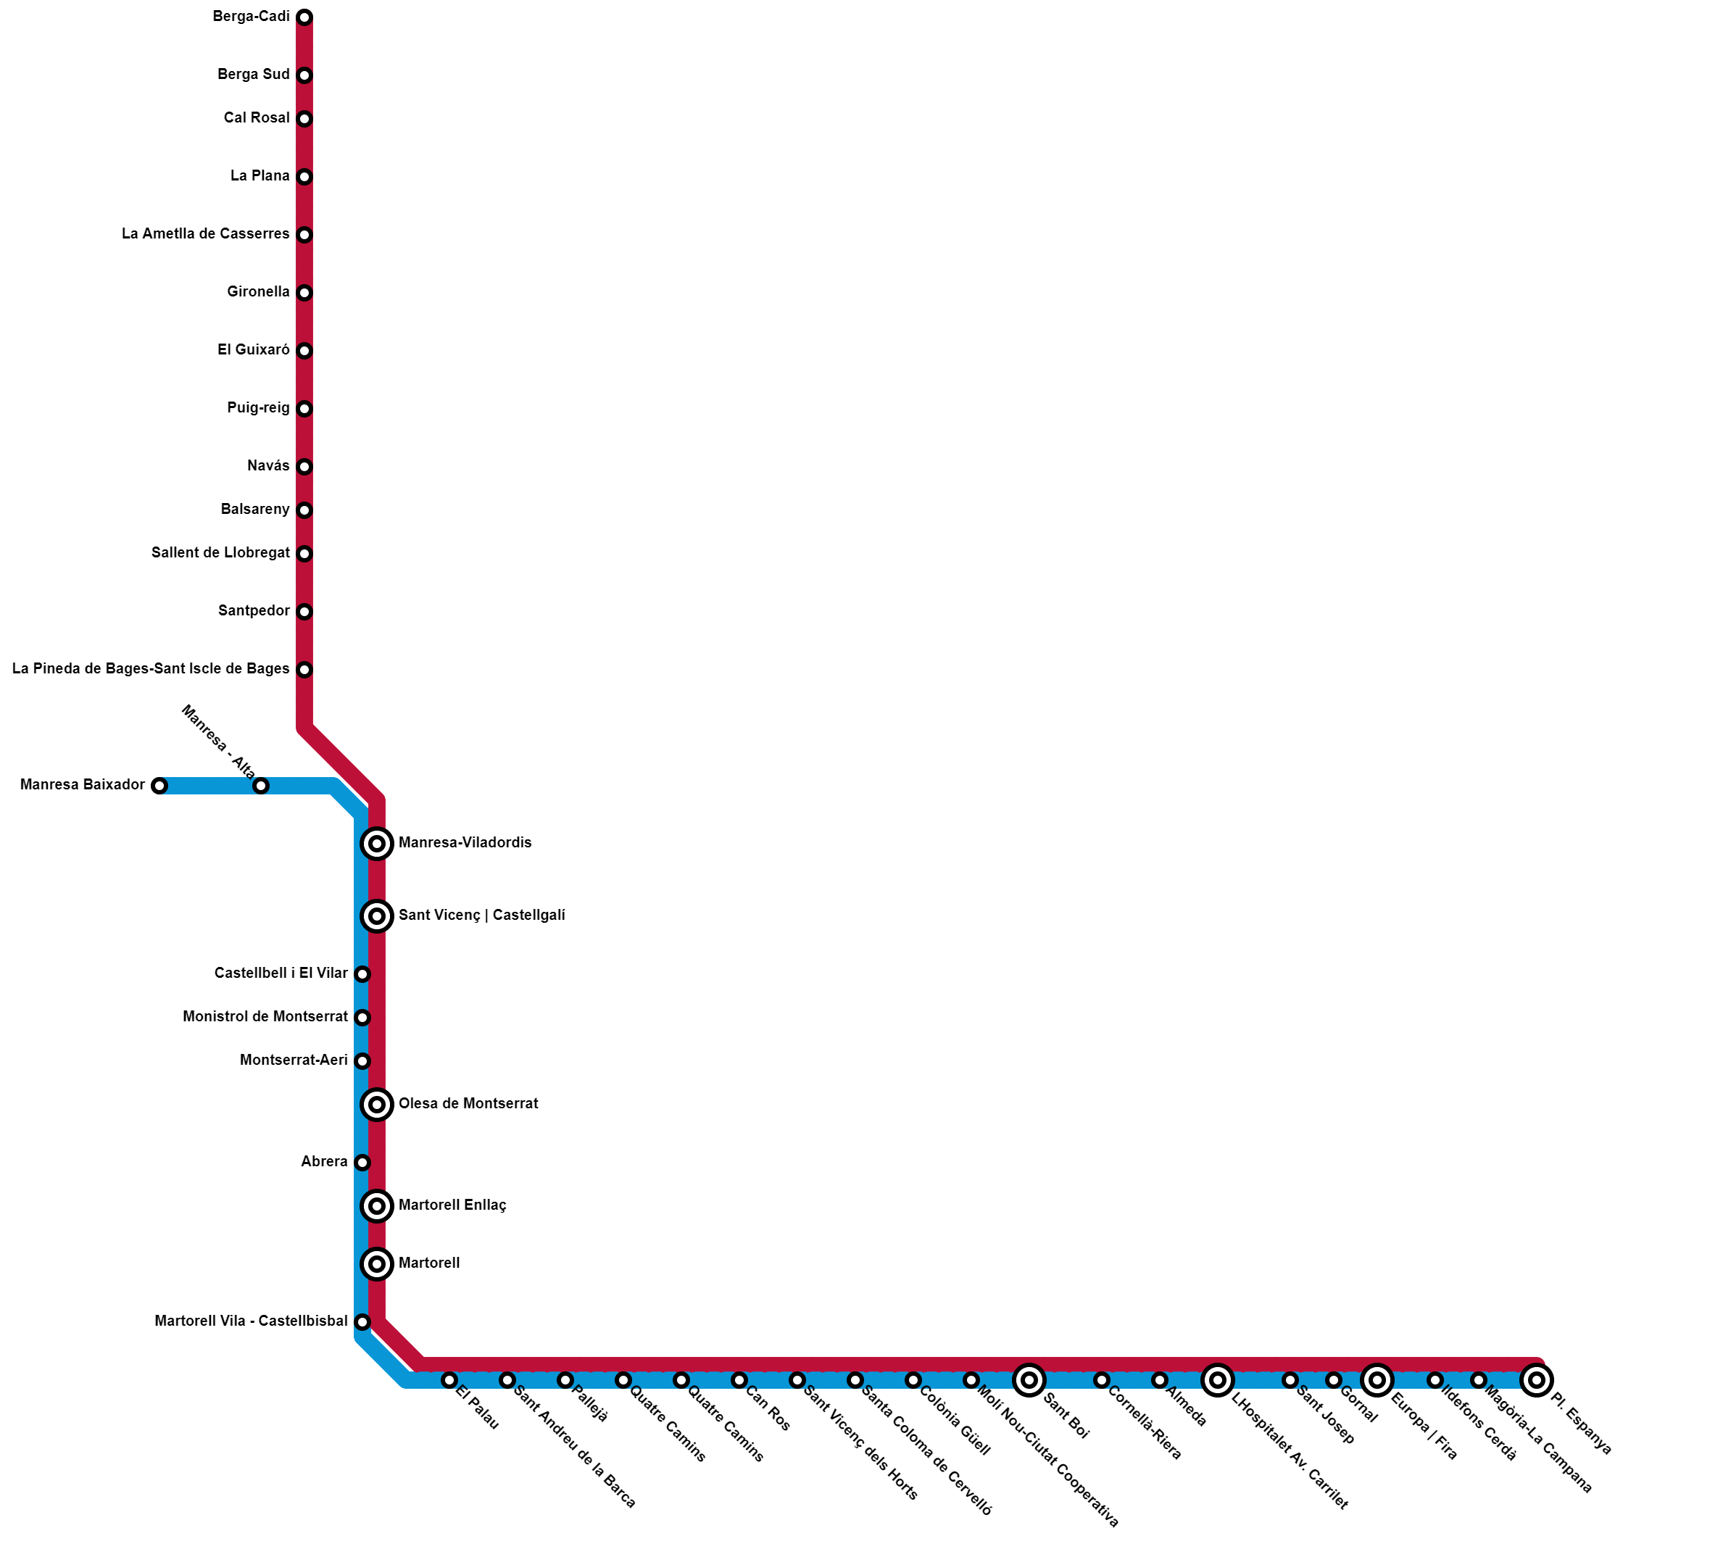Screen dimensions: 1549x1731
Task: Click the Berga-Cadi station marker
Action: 304,18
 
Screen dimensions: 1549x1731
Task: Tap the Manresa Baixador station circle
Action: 159,786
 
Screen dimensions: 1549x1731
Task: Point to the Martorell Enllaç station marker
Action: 377,1206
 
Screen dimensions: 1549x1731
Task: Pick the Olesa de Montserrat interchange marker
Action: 377,1105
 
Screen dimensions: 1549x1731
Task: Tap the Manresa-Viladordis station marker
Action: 377,844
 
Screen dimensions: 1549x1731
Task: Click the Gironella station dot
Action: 304,294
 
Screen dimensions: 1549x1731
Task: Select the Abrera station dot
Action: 362,1163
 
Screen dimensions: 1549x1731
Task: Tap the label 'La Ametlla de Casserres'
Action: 205,234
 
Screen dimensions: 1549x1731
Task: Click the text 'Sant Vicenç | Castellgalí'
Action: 482,915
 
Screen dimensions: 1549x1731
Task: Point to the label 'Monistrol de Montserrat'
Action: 265,1017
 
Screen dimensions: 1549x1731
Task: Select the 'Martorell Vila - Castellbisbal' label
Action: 251,1321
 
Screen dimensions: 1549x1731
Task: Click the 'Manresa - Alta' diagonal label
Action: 218,743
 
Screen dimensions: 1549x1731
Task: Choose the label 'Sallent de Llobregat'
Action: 220,553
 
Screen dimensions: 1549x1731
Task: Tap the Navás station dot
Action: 304,468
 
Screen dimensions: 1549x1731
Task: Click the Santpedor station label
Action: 254,611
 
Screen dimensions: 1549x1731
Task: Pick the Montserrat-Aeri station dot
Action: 362,1061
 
